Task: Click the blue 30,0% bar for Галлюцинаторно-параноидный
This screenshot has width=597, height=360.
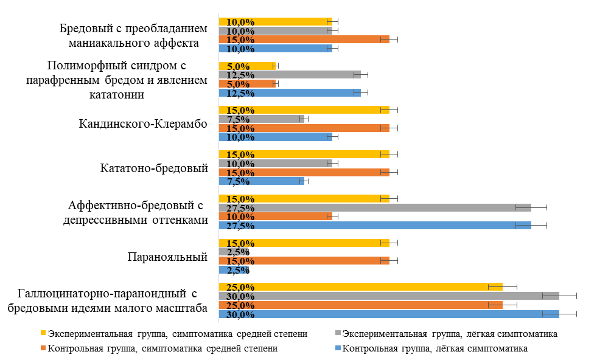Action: (389, 314)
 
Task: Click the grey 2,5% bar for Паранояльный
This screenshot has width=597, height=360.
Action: (233, 252)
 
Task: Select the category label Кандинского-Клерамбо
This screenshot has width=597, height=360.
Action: (144, 123)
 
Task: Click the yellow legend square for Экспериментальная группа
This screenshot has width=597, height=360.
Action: (43, 333)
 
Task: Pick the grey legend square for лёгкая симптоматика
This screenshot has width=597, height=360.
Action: (338, 333)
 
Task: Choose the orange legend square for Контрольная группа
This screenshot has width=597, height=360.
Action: (43, 348)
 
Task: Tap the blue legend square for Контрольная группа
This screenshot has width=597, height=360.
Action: (338, 348)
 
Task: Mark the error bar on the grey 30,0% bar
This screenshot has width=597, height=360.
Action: (559, 296)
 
